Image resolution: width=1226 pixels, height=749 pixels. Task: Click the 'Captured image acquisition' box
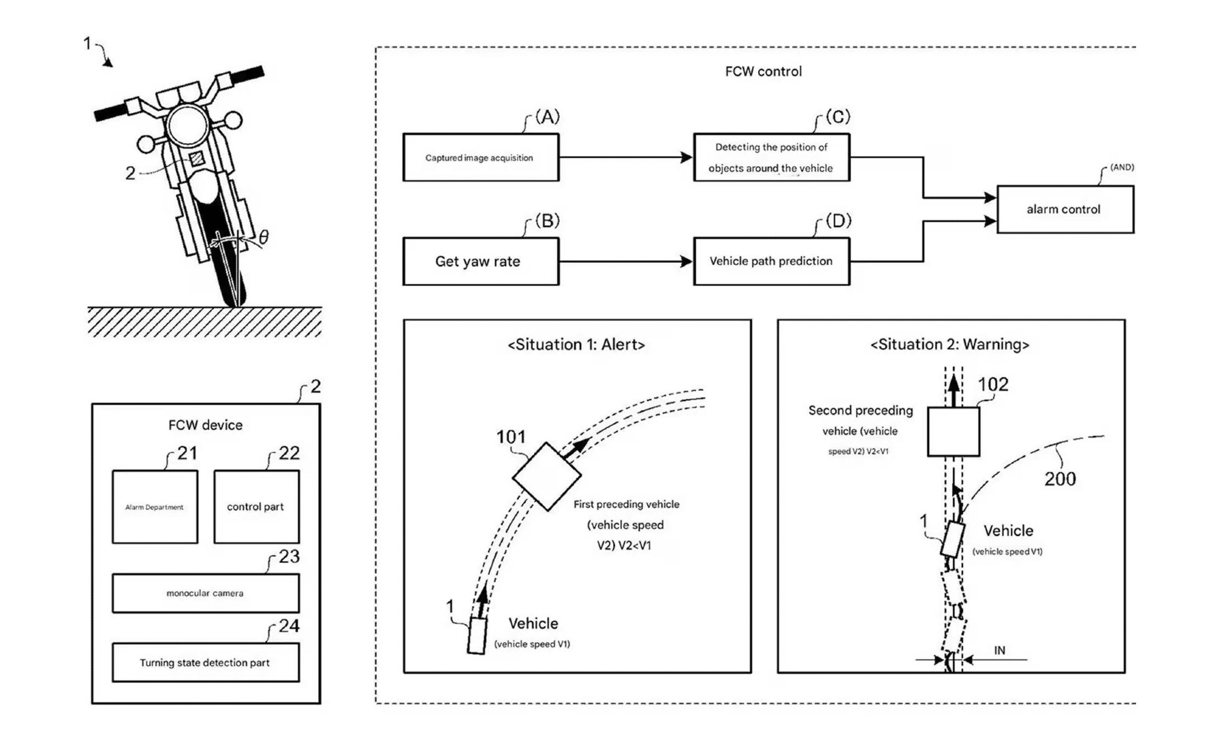click(480, 157)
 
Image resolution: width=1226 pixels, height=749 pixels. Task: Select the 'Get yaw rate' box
click(480, 261)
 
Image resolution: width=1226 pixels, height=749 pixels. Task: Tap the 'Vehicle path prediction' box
click(771, 261)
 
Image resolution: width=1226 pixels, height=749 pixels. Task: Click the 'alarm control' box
click(1065, 209)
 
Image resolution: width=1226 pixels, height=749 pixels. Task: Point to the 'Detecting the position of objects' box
click(771, 157)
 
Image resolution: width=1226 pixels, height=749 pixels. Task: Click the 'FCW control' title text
click(763, 71)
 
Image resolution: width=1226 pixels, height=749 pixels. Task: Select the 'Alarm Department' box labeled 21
click(155, 507)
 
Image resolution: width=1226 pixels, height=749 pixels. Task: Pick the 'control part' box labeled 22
click(256, 507)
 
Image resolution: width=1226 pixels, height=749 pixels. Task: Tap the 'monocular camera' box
click(205, 593)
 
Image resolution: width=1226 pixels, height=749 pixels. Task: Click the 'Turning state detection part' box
click(205, 663)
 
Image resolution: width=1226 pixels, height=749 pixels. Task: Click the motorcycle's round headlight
click(187, 126)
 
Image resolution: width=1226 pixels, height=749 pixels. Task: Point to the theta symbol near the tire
click(264, 236)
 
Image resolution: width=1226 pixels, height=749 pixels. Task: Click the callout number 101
click(510, 437)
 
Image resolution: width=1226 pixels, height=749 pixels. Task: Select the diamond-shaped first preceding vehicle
click(546, 476)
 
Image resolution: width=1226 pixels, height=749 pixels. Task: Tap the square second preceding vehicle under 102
click(953, 432)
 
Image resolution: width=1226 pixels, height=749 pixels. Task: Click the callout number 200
click(1060, 479)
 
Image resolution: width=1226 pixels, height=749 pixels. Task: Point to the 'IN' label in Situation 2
click(999, 650)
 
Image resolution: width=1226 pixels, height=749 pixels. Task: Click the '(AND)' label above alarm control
click(1121, 167)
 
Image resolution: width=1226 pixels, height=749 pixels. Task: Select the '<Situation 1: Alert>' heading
click(576, 345)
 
